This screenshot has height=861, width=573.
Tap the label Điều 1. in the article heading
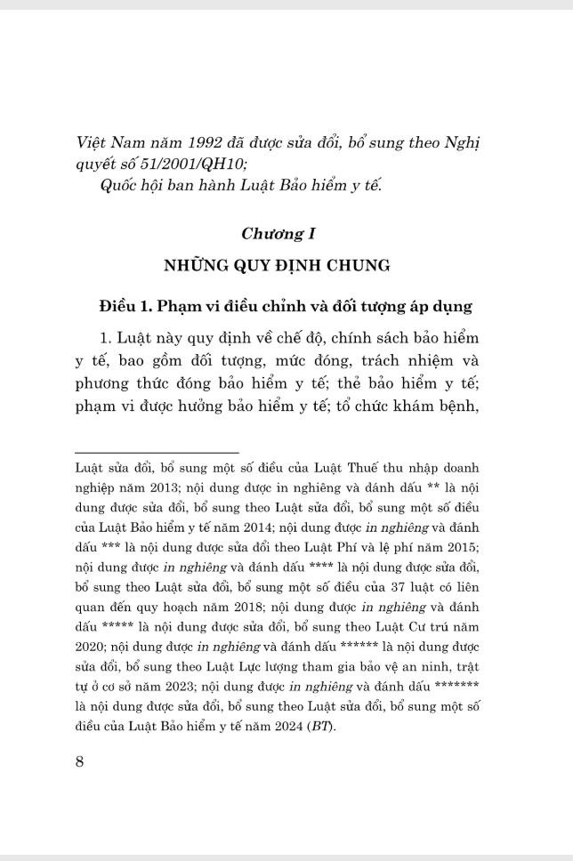pyautogui.click(x=126, y=307)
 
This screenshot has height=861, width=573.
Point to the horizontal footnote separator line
pyautogui.click(x=157, y=453)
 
